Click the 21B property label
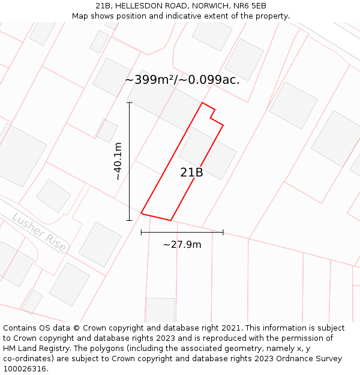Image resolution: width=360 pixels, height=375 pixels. [191, 173]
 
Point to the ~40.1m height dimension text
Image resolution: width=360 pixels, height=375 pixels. [118, 161]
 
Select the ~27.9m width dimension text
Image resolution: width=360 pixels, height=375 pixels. [182, 244]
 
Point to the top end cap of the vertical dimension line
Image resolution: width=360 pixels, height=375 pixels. [129, 103]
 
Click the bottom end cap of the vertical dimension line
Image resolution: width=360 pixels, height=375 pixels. [129, 220]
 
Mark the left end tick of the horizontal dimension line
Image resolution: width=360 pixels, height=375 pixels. [141, 232]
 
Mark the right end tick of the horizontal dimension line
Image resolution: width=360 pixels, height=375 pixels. [223, 232]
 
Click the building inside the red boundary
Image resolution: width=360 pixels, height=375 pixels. [208, 154]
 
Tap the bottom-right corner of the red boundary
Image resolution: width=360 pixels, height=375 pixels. [171, 220]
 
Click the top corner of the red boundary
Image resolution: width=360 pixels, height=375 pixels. [202, 103]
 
